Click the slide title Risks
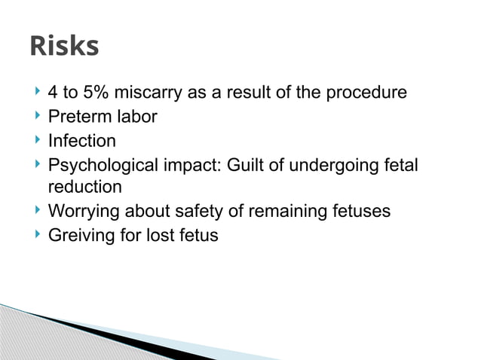click(64, 47)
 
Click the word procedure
click(366, 94)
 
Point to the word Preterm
click(78, 117)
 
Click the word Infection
click(81, 141)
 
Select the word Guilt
click(240, 164)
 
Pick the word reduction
click(84, 188)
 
